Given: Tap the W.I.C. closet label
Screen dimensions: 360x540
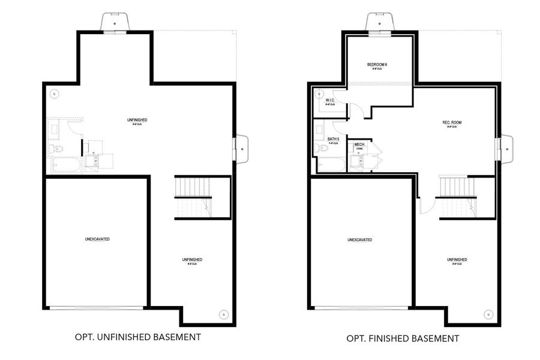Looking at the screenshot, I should click(329, 101).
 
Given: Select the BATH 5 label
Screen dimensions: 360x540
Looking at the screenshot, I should click(333, 139).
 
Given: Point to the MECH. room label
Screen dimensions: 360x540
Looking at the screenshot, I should click(360, 145).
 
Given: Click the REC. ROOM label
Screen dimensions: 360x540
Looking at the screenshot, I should click(452, 123).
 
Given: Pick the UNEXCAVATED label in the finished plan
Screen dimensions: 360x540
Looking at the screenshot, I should click(359, 240).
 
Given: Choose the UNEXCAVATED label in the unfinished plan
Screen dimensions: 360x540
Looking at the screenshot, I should click(97, 239).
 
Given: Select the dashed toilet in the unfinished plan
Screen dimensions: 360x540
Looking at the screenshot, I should click(53, 148).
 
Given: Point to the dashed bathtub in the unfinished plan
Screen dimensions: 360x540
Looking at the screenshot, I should click(64, 165).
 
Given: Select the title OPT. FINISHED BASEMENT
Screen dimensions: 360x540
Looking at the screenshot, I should click(403, 338).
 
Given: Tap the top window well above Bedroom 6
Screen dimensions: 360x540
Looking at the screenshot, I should click(379, 22).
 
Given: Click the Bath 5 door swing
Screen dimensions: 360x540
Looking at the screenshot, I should click(340, 126).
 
